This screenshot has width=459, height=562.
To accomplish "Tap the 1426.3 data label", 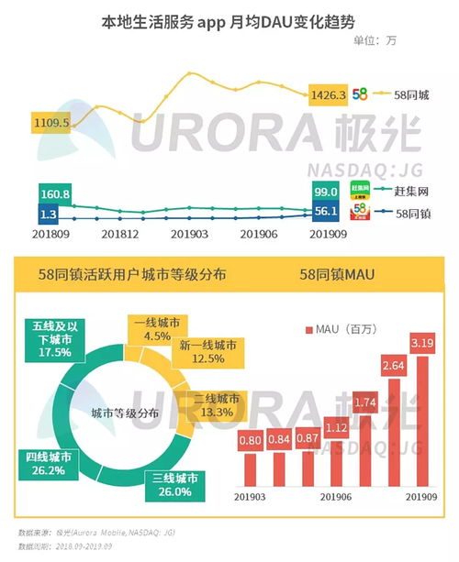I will click(x=329, y=94).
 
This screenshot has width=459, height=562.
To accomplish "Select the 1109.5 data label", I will click(x=50, y=121).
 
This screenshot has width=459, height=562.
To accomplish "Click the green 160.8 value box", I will click(x=56, y=194).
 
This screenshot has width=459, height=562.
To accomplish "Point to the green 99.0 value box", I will click(x=326, y=193).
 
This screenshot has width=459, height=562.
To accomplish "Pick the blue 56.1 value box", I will click(x=326, y=212).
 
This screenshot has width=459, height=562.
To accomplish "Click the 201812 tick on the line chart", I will click(x=119, y=235).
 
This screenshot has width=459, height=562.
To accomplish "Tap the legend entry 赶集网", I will click(x=411, y=191).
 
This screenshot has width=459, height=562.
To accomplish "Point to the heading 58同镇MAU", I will click(x=339, y=274).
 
